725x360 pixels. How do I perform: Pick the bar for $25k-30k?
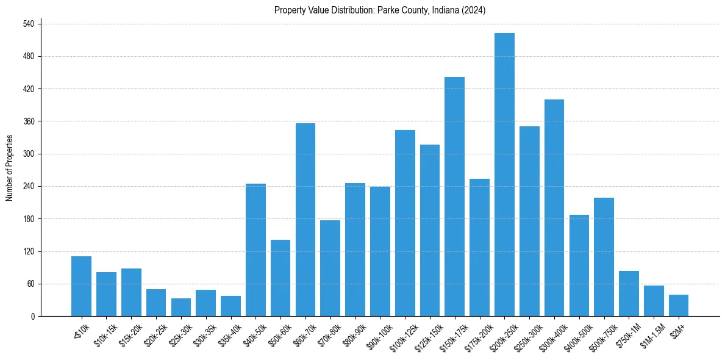point(180,308)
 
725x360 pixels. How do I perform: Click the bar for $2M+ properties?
point(678,306)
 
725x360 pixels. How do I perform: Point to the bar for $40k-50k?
point(255,250)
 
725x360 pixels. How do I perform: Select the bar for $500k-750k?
point(604,257)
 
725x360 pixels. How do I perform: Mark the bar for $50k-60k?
point(280,278)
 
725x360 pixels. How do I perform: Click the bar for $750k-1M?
point(629,293)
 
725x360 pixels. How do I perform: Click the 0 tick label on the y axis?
point(33,317)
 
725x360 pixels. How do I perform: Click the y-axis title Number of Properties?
point(9,168)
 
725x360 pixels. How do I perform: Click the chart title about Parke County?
point(380,10)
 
